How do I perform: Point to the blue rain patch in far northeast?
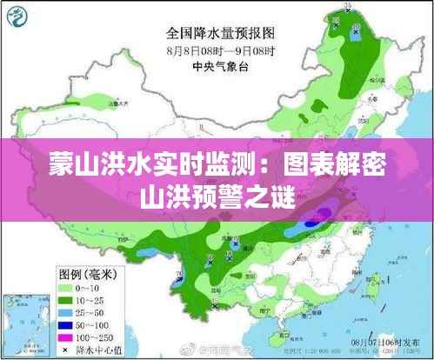pos(357,30)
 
